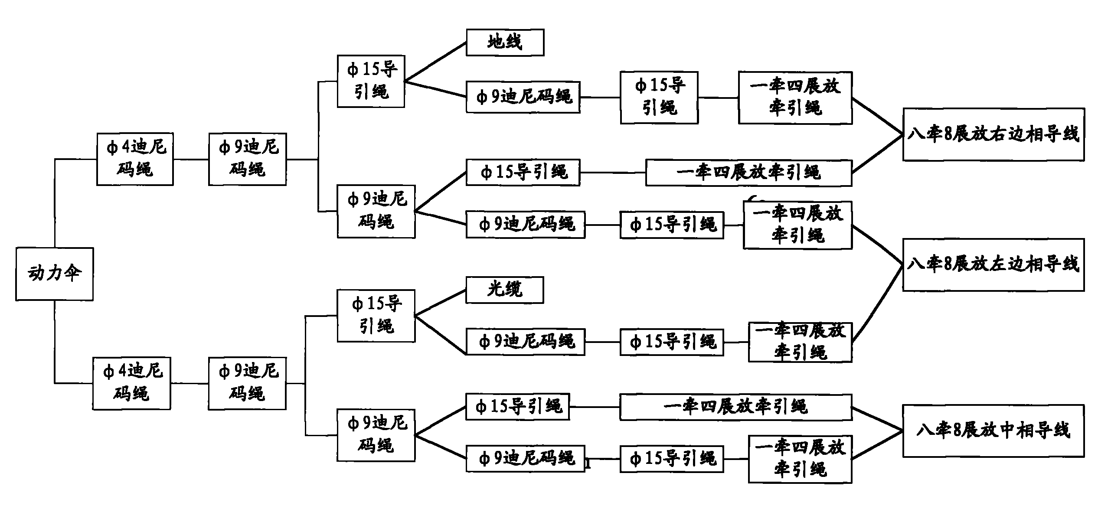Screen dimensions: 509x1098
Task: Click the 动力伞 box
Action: coord(55,274)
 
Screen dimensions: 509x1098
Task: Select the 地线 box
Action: coord(505,42)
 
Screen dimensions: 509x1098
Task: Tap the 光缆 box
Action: coord(504,290)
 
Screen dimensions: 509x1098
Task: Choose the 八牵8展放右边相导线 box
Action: coord(993,134)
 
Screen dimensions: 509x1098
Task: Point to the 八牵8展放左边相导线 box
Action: coord(993,264)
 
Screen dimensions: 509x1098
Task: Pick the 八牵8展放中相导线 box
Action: coord(993,431)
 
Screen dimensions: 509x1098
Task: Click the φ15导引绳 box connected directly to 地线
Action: coord(371,81)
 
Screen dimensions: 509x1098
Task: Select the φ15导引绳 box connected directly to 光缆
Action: coord(376,316)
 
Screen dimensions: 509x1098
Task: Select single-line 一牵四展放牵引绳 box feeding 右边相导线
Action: coord(748,173)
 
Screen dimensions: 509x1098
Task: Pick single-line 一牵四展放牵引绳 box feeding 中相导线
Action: coord(735,407)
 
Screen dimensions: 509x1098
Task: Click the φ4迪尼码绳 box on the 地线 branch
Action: coord(135,159)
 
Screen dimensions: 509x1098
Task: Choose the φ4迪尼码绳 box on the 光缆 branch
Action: coord(131,383)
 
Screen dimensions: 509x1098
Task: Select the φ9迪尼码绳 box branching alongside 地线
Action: coord(523,97)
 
